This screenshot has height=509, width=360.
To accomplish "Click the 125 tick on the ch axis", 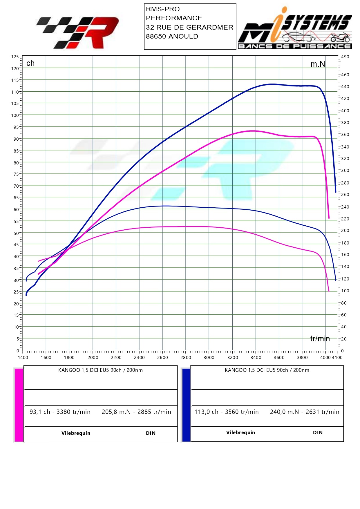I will click(15, 57).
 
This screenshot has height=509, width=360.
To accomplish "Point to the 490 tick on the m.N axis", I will click(345, 57).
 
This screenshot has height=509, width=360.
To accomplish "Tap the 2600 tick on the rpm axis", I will click(162, 357).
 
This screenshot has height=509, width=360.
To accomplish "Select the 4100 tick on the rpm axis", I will click(337, 357).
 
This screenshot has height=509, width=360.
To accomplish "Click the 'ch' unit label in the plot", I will click(30, 63).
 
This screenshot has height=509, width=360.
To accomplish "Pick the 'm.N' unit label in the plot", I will click(318, 64).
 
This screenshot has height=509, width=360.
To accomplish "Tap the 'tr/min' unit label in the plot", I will click(320, 338).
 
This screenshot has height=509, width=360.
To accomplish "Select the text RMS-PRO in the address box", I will click(163, 9).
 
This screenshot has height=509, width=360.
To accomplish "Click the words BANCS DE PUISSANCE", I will click(294, 46).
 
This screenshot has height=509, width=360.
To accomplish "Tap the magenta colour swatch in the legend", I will click(19, 405).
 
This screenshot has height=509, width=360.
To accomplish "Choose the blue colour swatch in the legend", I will click(186, 405).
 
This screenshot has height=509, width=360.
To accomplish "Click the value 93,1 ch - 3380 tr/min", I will click(60, 412).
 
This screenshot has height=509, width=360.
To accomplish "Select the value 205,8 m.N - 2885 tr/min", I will click(136, 412).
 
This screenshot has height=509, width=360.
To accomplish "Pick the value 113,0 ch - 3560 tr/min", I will click(227, 412).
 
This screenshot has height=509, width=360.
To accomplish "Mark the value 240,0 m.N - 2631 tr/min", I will click(305, 412).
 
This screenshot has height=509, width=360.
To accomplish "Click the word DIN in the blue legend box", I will click(318, 432).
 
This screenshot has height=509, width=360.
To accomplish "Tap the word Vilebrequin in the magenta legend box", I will click(76, 433).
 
